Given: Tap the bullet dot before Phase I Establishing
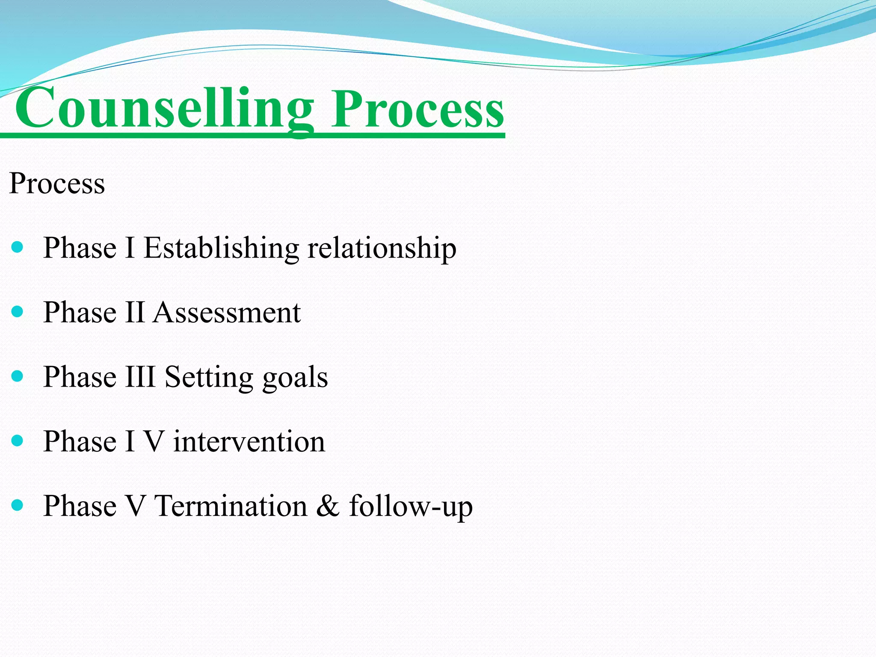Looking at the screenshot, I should coord(17,247).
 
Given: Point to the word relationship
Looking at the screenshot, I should coord(382,249).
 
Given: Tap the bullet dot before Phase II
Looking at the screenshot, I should coord(17,311).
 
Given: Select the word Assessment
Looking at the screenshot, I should coord(227,313).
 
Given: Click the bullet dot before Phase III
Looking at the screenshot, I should coord(17,376).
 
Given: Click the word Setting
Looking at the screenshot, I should coord(209,378).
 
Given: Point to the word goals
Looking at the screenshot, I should coord(295,379).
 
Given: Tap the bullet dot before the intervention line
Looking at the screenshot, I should coord(17,441).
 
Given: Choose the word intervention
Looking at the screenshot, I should coord(249,441).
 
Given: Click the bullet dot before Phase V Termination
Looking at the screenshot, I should coord(17,505).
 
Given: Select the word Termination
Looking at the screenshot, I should coord(231,506).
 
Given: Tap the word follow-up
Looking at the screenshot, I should coord(411,507).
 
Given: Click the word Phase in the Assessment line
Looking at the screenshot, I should coord(80,312).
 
